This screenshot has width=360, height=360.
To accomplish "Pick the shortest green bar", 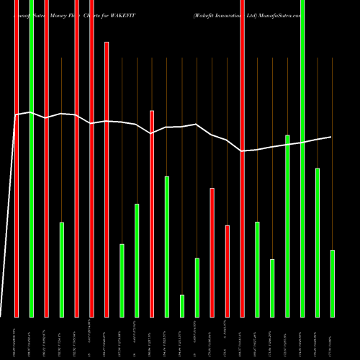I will click(x=182, y=305).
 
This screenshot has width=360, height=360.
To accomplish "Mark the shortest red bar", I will click(x=228, y=271).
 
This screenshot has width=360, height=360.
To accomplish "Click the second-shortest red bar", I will click(x=212, y=252).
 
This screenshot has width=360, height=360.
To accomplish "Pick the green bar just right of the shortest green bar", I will click(x=197, y=287).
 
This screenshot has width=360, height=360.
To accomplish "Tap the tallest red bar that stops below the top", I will click(x=107, y=179).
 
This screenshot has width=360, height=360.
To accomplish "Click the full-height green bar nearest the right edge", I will click(x=302, y=158).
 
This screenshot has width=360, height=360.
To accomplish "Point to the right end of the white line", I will click(x=332, y=137).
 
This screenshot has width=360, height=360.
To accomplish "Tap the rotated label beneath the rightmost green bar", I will click(x=332, y=337).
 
